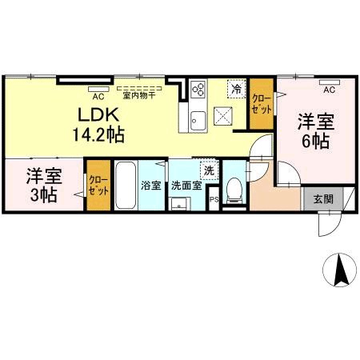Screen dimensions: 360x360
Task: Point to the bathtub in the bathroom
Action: point(125,186)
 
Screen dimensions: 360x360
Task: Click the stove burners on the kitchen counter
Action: point(198,90)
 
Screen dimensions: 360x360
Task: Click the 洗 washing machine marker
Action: point(209,170)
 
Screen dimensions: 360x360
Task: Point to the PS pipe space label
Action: point(213,200)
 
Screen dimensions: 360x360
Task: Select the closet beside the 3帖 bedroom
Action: point(98,187)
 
